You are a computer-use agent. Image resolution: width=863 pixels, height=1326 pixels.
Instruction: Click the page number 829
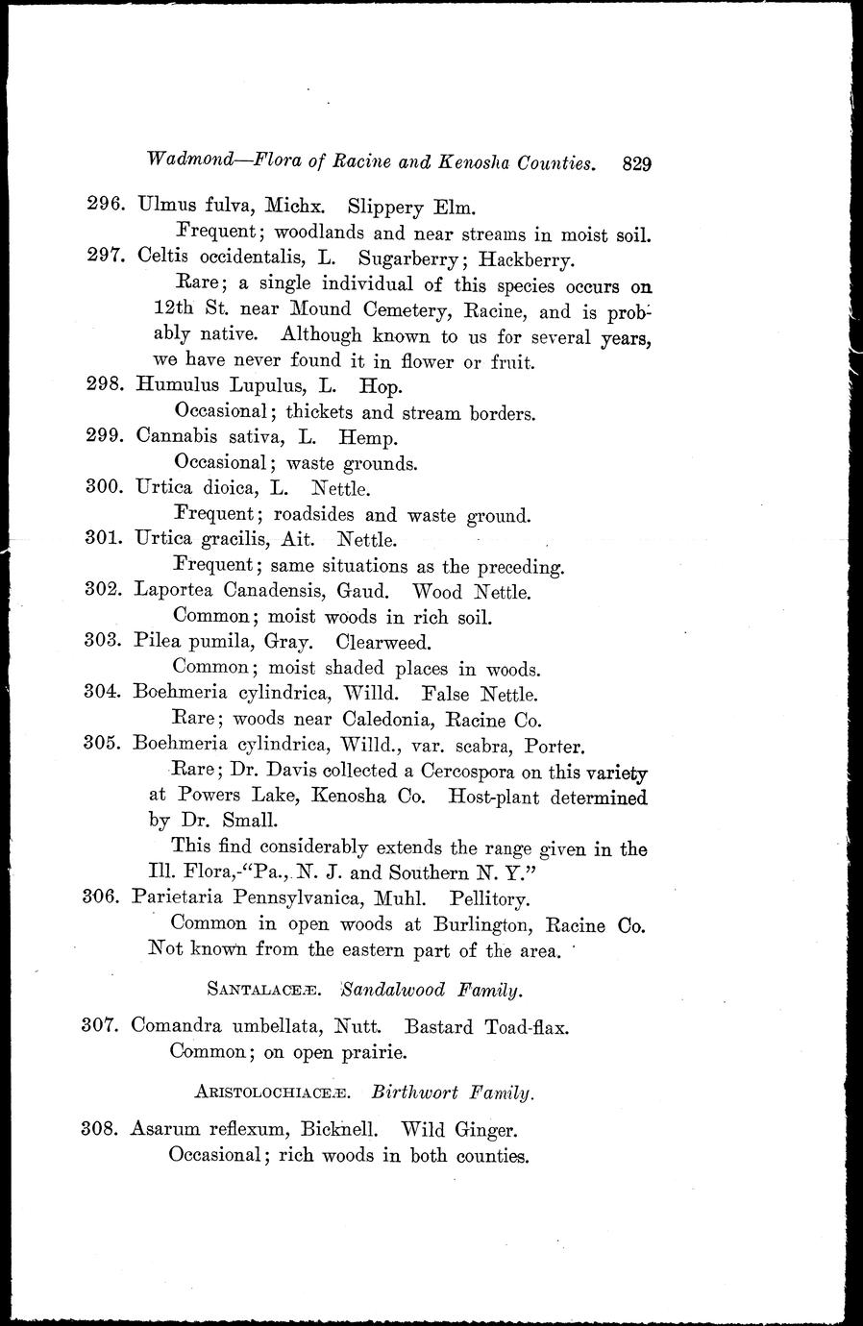click(x=637, y=163)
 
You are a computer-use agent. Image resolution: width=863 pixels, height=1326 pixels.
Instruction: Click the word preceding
click(x=516, y=566)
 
